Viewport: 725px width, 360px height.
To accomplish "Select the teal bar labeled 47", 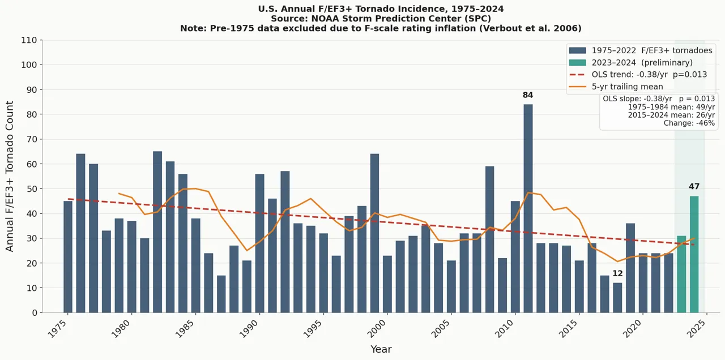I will coord(694,254).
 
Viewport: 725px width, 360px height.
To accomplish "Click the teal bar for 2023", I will coord(681,274).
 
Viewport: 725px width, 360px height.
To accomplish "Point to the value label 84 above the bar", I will coord(528,95).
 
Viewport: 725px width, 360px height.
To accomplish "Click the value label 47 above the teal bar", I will coord(694,187).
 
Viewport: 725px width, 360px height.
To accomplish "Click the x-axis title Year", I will coord(381,350).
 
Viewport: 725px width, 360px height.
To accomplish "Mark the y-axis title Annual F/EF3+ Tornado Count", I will coord(10,176).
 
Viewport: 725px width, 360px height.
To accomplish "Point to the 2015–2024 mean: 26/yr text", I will coord(671,115).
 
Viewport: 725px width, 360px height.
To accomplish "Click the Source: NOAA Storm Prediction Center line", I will coord(381,19).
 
